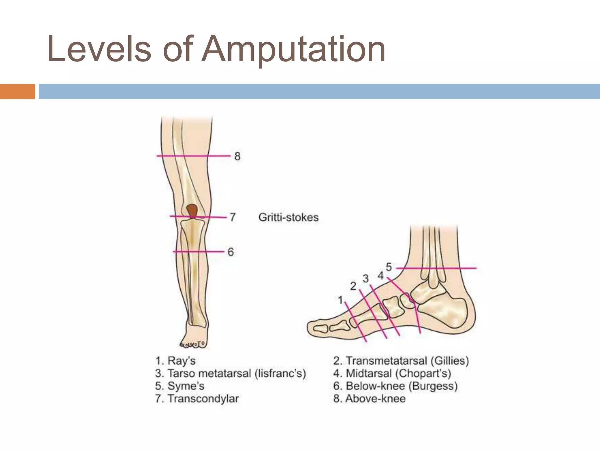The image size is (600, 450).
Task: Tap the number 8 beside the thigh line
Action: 237,156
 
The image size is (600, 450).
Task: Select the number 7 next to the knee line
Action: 233,217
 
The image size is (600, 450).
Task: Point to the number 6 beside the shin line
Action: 231,252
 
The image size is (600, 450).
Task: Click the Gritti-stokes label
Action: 288,217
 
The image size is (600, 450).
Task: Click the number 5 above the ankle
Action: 389,267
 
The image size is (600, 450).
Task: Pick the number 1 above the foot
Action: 340,300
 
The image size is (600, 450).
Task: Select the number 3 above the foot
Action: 366,278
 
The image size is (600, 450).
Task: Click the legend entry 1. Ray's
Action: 175,361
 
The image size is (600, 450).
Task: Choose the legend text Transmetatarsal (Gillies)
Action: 407,361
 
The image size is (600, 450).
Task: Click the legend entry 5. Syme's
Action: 180,386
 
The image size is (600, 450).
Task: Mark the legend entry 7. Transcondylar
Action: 197,399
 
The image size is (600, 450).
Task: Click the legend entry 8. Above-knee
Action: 369,399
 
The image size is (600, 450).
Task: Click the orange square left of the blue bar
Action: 17,91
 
